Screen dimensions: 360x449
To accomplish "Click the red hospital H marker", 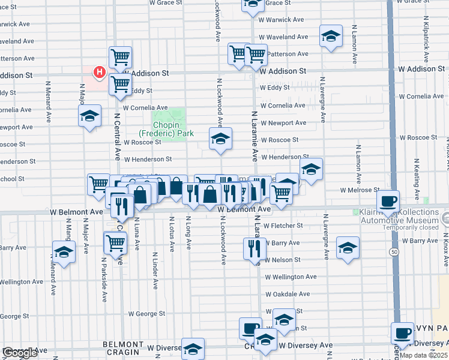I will coord(100,73).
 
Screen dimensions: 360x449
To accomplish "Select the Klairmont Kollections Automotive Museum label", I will coord(400,217).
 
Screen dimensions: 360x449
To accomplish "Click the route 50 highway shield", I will coord(393,251).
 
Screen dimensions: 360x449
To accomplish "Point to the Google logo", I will coord(20,353).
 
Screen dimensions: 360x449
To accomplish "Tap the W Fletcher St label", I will coord(282,226).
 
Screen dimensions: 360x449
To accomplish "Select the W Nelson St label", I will coord(282,260).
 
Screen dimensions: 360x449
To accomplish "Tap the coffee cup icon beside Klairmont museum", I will coord(388,202).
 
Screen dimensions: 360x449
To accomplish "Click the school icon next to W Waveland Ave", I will coord(331,37).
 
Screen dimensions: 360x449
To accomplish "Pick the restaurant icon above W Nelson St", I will coord(255,248).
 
